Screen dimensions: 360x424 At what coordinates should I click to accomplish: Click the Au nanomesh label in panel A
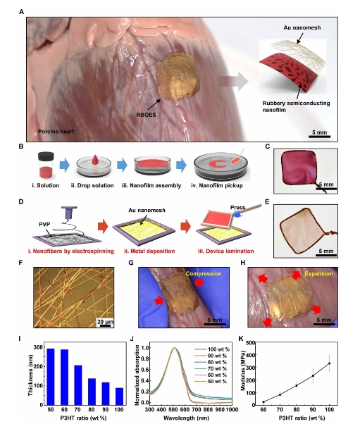click(302, 27)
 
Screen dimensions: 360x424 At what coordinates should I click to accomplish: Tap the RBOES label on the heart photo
click(146, 115)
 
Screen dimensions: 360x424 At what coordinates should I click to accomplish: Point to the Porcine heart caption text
click(56, 132)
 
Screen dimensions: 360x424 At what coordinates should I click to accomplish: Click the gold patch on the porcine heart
click(178, 77)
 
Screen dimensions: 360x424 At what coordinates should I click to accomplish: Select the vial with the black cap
click(46, 166)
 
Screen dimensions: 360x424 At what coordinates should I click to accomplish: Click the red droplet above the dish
click(95, 160)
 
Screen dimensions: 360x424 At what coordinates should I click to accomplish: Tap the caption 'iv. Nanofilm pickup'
click(217, 185)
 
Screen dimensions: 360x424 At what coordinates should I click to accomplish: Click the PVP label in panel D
click(44, 224)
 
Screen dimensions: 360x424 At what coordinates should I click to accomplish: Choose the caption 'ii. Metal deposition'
click(149, 251)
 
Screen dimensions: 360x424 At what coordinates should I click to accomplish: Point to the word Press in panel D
click(237, 207)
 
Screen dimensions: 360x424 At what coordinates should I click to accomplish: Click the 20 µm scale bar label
click(105, 322)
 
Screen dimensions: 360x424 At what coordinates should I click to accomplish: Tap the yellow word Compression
click(204, 274)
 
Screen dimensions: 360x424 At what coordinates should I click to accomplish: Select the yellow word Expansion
click(318, 274)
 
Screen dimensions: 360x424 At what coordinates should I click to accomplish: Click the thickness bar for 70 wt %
click(78, 385)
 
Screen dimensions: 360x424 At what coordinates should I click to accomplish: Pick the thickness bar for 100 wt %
click(119, 397)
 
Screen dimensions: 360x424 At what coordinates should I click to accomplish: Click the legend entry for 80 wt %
click(211, 362)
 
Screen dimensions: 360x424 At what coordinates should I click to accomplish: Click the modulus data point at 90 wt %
click(313, 375)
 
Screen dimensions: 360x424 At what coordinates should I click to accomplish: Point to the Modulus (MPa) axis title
click(242, 370)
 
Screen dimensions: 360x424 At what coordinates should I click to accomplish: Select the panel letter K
click(241, 339)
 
